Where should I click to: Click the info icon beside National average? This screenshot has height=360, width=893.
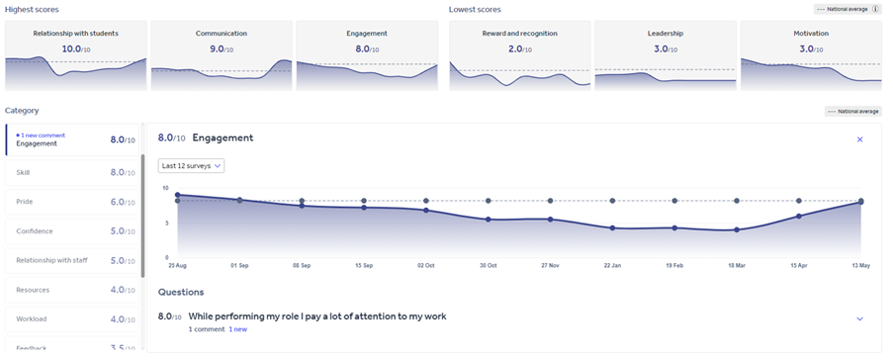click(875, 9)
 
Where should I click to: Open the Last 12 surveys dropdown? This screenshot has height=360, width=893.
click(192, 166)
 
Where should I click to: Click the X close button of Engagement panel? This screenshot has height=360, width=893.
click(859, 139)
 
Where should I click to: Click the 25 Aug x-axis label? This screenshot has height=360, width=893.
click(177, 266)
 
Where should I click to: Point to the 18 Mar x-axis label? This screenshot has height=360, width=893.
click(737, 266)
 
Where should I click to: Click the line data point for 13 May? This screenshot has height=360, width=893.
click(860, 202)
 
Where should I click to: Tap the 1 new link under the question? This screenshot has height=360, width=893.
click(238, 328)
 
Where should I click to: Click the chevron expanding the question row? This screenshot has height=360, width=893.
click(859, 318)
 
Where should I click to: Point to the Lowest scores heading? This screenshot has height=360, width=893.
click(475, 9)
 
